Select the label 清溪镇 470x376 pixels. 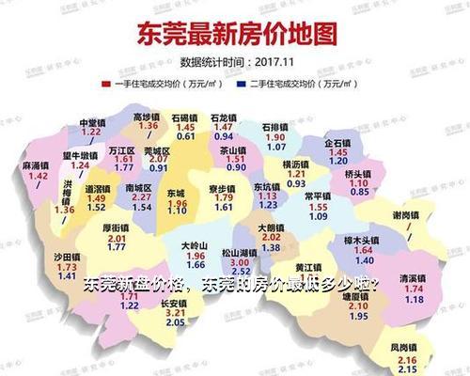[411, 279]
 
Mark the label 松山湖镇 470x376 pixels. [237, 253]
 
